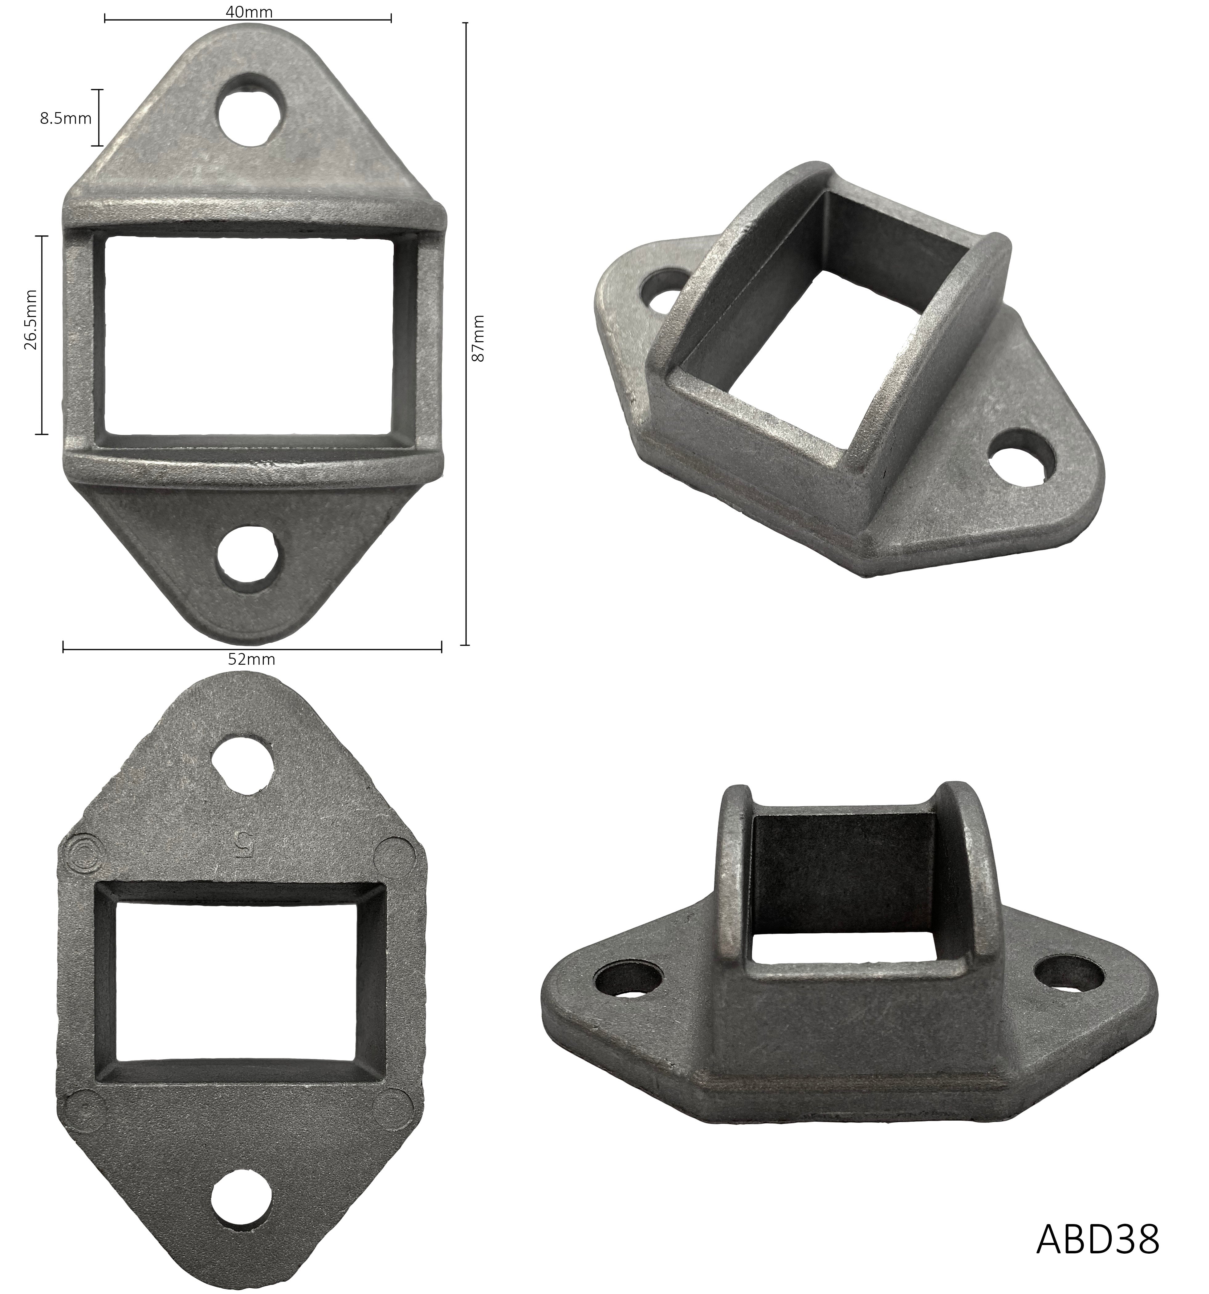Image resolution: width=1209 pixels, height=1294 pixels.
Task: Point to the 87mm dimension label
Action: (478, 339)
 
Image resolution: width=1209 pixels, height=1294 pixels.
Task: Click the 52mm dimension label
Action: (251, 659)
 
